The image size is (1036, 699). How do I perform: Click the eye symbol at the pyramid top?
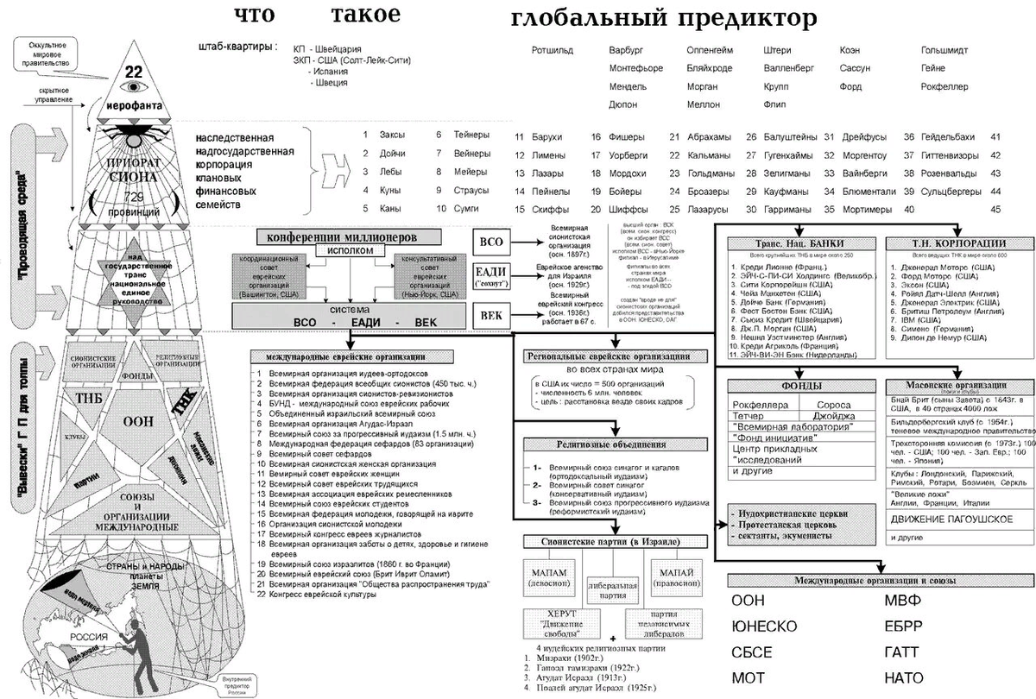(133, 87)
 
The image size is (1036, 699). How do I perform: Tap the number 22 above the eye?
(133, 71)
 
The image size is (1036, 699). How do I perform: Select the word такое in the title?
(365, 15)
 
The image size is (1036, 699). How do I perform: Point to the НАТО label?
(904, 677)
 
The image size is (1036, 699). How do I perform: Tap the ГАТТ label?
(902, 652)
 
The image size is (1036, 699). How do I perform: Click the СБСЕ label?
(751, 652)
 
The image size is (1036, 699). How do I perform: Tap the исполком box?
(351, 249)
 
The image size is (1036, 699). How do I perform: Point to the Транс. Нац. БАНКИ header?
(798, 242)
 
